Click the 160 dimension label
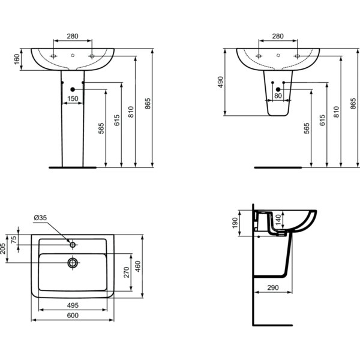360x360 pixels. [x=17, y=59]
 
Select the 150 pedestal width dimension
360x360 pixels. [x=73, y=98]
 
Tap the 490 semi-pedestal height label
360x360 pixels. [x=220, y=82]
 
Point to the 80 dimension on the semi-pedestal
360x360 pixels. [x=278, y=95]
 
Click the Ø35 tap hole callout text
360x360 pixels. [x=40, y=217]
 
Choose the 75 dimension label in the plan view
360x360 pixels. [x=14, y=239]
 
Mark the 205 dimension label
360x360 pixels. [x=3, y=248]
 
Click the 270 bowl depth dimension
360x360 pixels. [x=127, y=272]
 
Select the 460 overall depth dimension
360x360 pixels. [x=137, y=266]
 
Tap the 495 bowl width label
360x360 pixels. [x=73, y=305]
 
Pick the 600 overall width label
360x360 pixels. [x=73, y=315]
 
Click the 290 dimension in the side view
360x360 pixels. [x=273, y=287]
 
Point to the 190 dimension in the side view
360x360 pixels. [x=235, y=223]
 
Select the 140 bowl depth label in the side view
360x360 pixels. [x=278, y=220]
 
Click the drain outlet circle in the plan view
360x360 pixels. [x=73, y=263]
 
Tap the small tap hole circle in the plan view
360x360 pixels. [x=73, y=245]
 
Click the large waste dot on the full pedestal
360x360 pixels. [x=73, y=89]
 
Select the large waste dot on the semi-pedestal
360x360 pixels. [x=278, y=89]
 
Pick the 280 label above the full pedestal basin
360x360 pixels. [x=73, y=36]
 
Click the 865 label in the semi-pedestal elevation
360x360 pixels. [x=353, y=104]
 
